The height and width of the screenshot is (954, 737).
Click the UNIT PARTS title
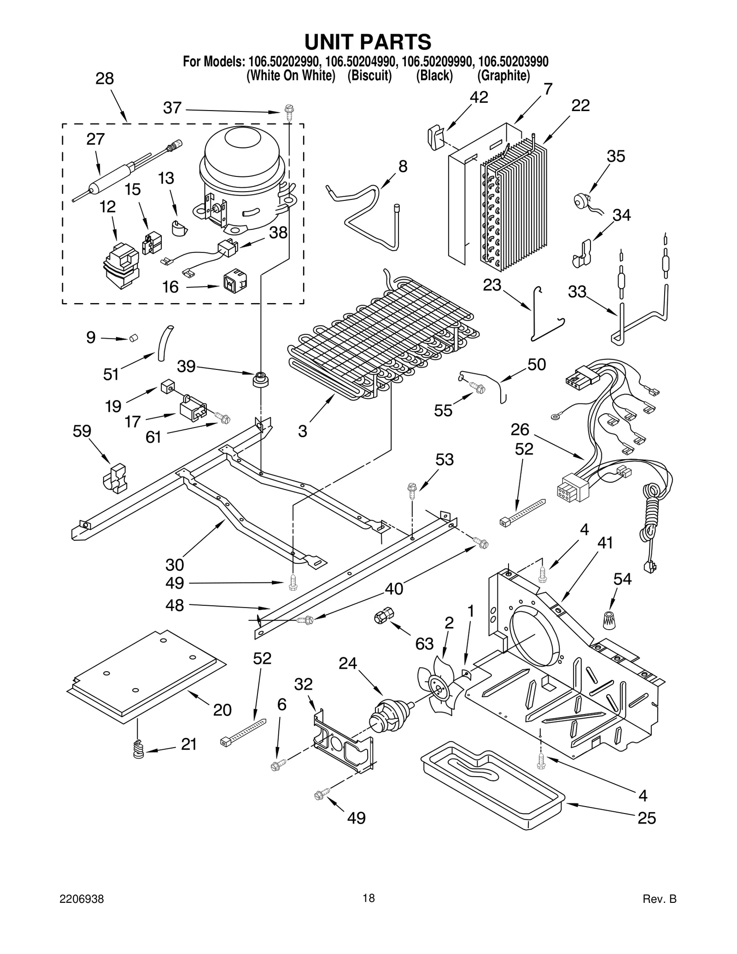(x=368, y=42)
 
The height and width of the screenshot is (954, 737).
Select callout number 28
(x=105, y=79)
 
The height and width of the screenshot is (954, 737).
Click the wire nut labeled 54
(x=610, y=620)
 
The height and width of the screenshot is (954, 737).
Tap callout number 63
(x=424, y=644)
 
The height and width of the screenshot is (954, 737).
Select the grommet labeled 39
(x=261, y=380)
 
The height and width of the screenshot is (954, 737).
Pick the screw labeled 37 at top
(x=289, y=112)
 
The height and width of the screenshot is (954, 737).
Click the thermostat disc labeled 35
(x=579, y=201)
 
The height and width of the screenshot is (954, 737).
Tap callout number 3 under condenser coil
(x=302, y=431)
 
